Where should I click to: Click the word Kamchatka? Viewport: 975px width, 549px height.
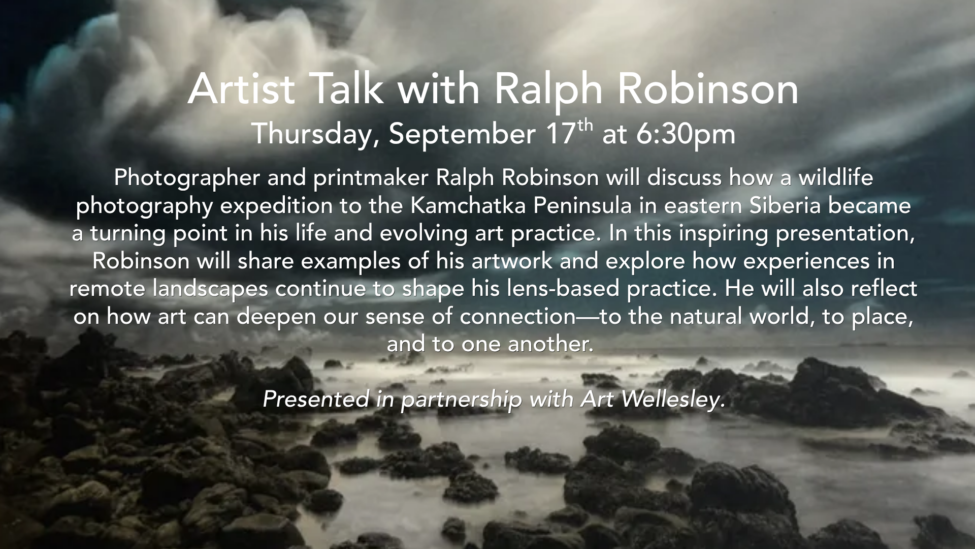469,205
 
